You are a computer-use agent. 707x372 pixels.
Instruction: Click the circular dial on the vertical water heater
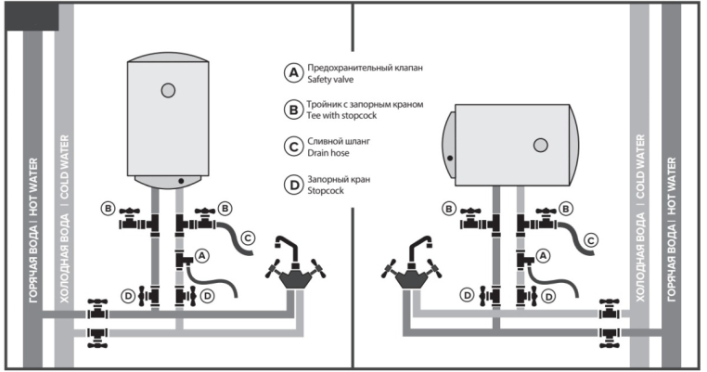168,90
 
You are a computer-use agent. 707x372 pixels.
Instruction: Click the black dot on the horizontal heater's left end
450,159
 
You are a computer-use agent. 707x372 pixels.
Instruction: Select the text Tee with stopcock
344,116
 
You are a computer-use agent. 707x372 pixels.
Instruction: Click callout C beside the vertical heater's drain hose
248,238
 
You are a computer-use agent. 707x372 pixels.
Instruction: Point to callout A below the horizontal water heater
545,254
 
